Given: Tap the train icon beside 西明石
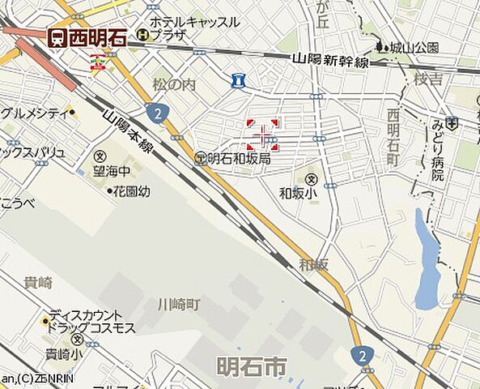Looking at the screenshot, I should [57, 37].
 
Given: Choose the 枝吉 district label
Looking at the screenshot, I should [428, 79].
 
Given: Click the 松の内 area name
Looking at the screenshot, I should [174, 83].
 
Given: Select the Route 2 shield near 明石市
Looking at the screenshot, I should [361, 355].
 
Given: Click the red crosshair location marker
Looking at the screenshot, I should [262, 135].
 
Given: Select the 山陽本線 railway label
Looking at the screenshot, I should [128, 130].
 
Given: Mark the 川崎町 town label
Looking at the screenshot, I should [178, 304].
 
